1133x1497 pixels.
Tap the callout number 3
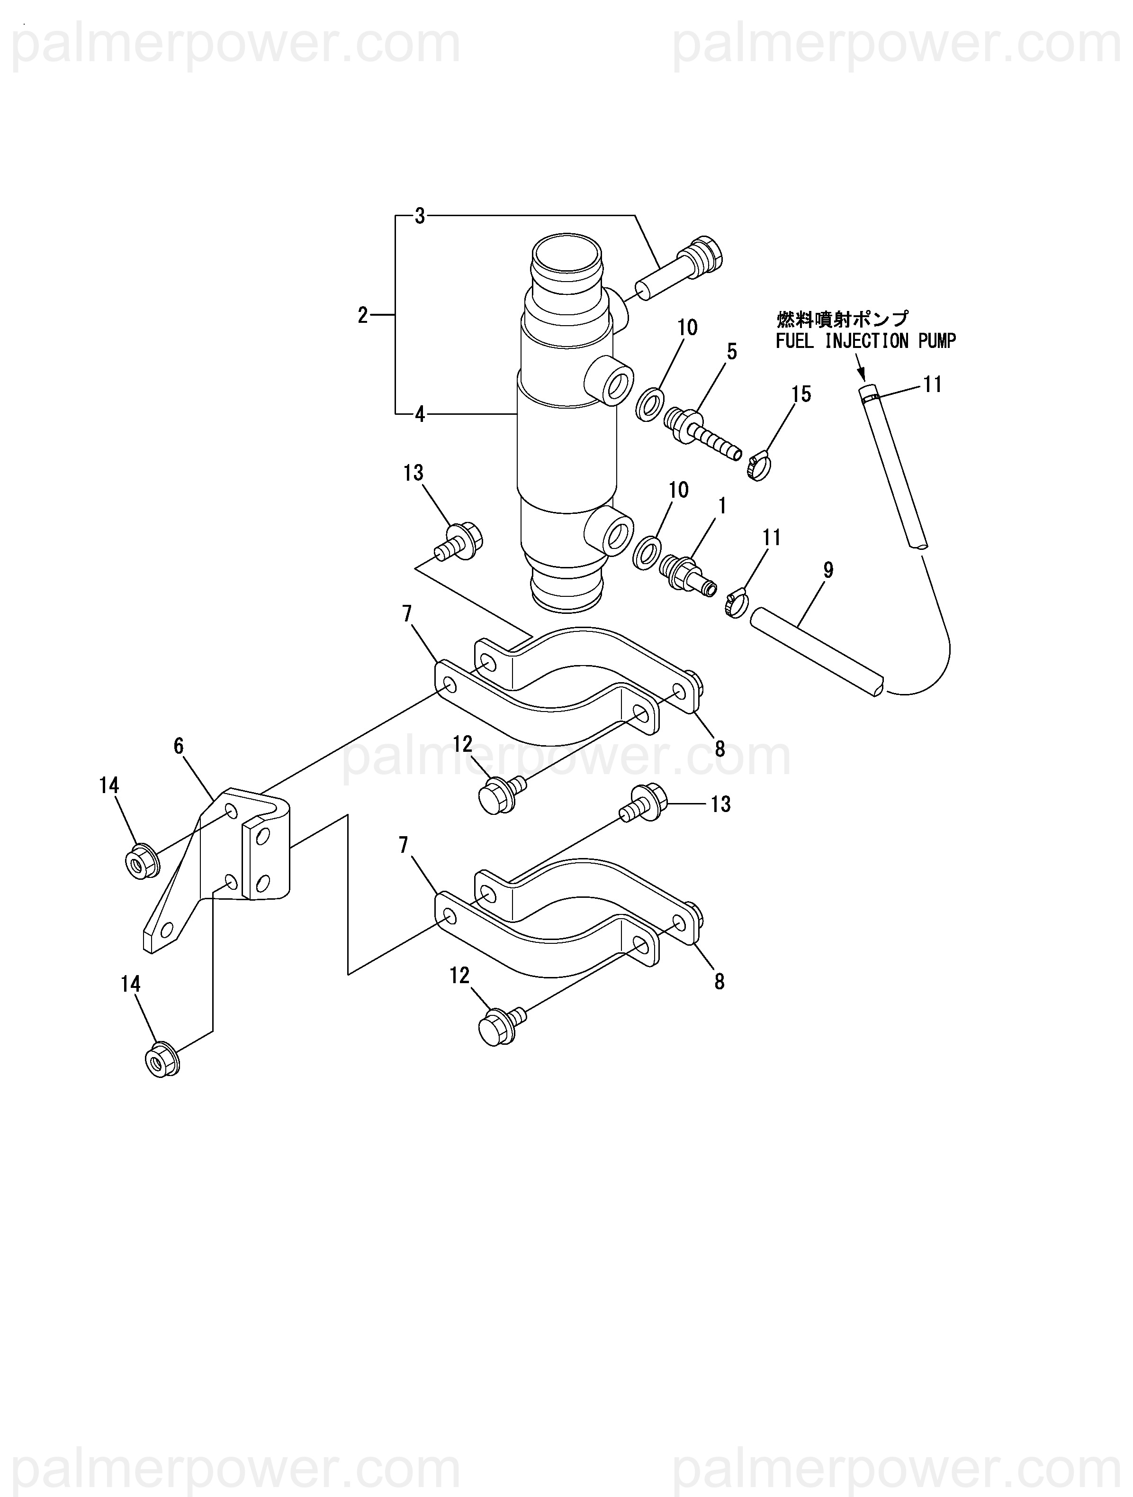click(x=420, y=217)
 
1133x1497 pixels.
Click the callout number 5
click(x=732, y=351)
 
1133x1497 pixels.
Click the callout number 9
click(x=828, y=570)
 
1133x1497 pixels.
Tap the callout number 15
click(x=801, y=394)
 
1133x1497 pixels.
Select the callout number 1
click(x=722, y=505)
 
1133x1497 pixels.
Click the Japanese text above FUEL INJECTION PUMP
click(x=843, y=319)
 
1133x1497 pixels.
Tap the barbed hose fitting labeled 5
click(x=703, y=435)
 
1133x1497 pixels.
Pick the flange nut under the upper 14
click(x=142, y=861)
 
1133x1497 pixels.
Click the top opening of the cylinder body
click(x=566, y=258)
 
